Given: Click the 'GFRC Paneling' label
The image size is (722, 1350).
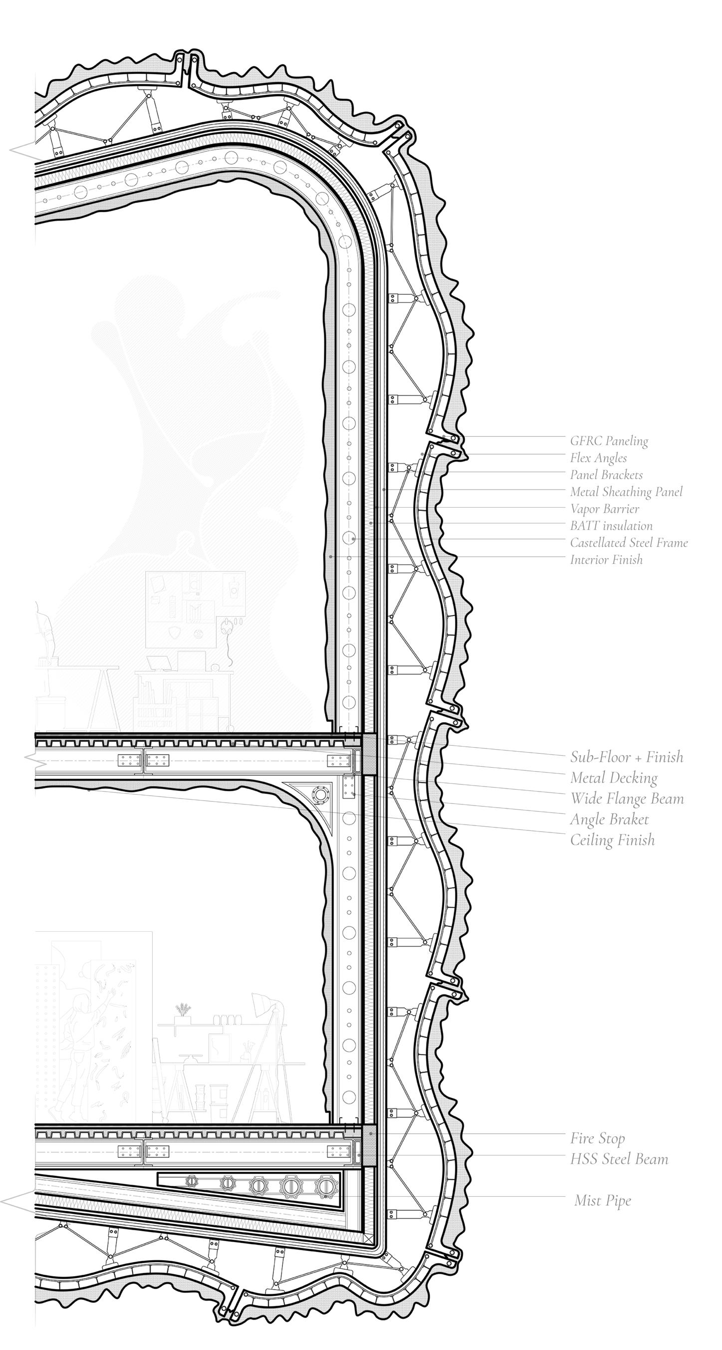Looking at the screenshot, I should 609,441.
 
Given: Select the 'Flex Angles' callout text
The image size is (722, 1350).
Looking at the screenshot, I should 598,458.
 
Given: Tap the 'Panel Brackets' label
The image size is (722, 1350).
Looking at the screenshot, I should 606,475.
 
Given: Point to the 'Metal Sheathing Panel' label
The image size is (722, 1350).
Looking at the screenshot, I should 626,492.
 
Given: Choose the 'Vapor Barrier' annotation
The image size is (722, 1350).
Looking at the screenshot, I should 605,509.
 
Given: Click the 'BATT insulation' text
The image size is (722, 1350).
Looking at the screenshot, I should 611,526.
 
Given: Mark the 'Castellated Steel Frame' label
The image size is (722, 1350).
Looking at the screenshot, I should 629,542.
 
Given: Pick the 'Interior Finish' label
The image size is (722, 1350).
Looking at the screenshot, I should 606,559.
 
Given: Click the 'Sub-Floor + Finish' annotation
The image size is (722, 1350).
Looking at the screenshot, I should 627,757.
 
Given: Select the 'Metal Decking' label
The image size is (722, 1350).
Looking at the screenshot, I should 614,778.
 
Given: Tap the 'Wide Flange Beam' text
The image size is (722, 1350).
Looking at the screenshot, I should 627,799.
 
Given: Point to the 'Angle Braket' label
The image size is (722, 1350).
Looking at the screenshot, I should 609,819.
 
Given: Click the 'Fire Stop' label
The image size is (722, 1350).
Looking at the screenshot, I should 597,1138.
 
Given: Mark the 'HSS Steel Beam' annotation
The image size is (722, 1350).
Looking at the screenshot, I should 619,1159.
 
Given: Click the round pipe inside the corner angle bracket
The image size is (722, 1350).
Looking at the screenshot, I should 318,795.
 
